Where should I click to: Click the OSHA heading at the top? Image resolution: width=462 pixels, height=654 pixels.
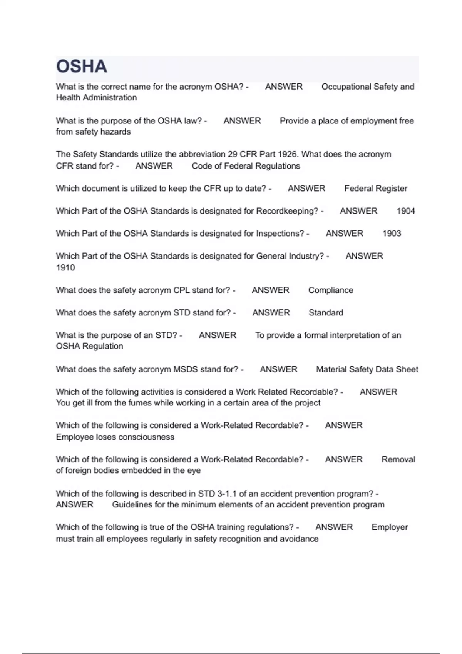pos(82,67)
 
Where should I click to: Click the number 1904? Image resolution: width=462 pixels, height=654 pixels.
pos(406,211)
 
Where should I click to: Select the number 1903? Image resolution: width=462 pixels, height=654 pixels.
pos(392,234)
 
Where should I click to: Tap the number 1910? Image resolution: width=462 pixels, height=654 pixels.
pos(65,268)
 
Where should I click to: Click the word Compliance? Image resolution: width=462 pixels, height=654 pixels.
pos(331,290)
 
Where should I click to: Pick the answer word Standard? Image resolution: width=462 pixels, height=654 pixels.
pos(326,313)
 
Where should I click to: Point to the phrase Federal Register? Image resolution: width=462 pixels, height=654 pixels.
pos(375,189)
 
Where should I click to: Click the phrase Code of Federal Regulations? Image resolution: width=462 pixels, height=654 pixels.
pos(246,166)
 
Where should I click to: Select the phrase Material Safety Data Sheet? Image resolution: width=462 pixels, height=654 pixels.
pos(367,369)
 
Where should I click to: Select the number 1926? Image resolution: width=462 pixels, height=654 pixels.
pos(288,154)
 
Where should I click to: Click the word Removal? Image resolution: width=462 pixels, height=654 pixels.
pos(398,459)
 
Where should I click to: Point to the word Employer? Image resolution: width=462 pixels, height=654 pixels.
pos(390,527)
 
